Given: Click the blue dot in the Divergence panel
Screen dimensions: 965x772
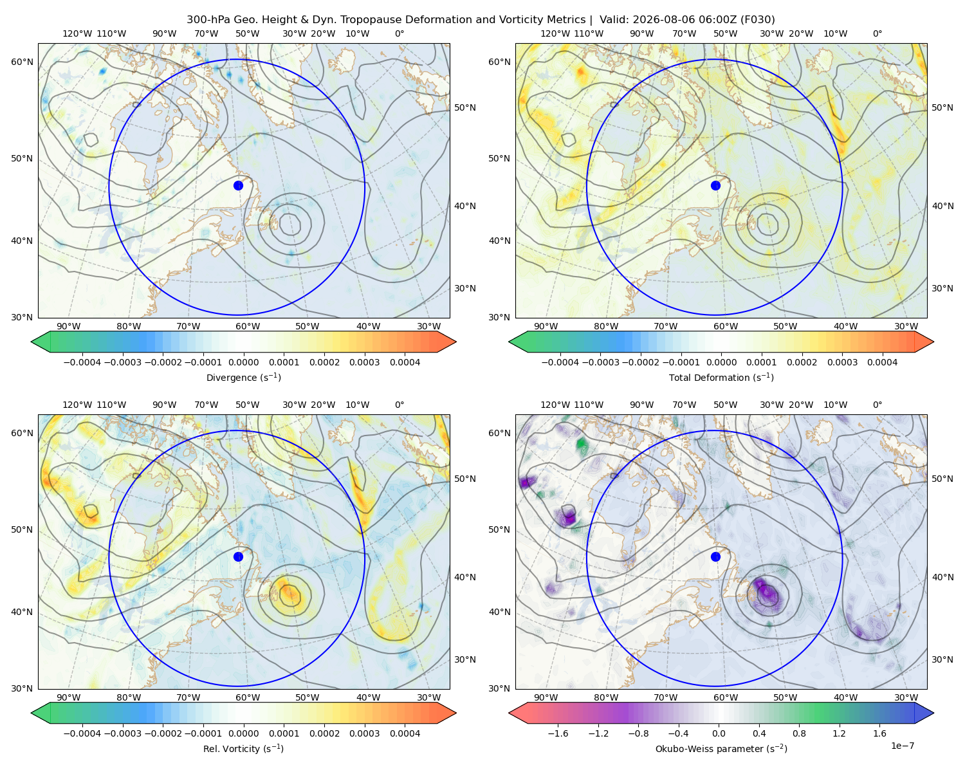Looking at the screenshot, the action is click(x=238, y=185).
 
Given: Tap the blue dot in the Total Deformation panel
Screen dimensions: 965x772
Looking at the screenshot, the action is click(x=715, y=185).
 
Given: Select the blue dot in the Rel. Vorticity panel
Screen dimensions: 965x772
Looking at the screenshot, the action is click(x=238, y=556).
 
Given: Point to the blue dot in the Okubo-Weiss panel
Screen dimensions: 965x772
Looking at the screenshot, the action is click(x=715, y=556).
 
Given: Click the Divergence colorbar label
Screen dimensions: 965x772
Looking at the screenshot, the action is click(x=243, y=377).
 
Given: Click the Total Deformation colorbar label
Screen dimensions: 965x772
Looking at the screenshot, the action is click(x=721, y=377).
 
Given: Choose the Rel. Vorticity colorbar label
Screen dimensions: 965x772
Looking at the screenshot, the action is click(x=243, y=748).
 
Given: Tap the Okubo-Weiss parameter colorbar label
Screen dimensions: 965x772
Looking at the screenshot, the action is click(x=721, y=748).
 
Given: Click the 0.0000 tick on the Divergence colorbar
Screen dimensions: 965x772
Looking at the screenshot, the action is click(x=243, y=362).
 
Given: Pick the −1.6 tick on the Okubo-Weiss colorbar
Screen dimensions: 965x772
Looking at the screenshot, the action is click(x=558, y=733).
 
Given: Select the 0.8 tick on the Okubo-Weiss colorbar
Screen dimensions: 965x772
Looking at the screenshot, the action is click(x=799, y=733).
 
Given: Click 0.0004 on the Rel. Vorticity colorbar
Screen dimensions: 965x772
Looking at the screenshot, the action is click(x=405, y=733).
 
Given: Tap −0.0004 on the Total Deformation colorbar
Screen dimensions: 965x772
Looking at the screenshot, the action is click(x=560, y=362).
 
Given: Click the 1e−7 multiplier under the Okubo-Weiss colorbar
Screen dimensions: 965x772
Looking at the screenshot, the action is click(x=902, y=746).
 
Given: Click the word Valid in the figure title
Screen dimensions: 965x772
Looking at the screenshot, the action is click(x=611, y=19).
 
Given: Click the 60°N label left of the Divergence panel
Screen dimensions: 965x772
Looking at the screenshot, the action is click(x=22, y=62).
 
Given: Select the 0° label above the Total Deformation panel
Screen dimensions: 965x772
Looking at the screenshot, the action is click(x=877, y=33).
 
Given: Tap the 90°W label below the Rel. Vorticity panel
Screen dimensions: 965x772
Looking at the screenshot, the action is click(x=69, y=697).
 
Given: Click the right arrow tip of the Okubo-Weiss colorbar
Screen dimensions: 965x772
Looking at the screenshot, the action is click(x=933, y=713).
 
